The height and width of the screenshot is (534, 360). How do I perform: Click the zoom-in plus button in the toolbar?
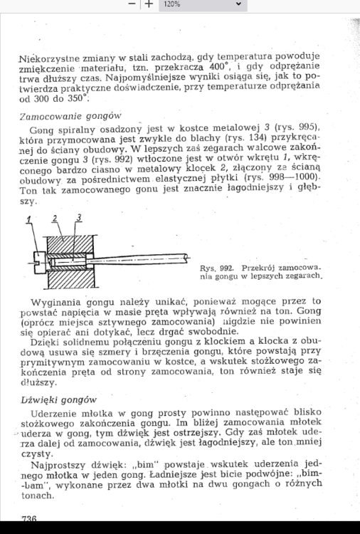click(x=149, y=4)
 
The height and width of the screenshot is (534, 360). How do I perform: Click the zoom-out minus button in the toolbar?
click(x=132, y=4)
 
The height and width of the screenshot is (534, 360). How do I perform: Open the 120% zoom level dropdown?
click(x=202, y=4)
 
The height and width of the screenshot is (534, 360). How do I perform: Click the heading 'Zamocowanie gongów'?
click(x=71, y=115)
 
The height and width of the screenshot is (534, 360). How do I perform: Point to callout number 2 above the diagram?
click(x=56, y=218)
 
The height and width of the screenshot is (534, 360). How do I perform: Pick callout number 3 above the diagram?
click(x=79, y=216)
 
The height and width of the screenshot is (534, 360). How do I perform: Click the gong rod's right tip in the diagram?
click(x=186, y=254)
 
